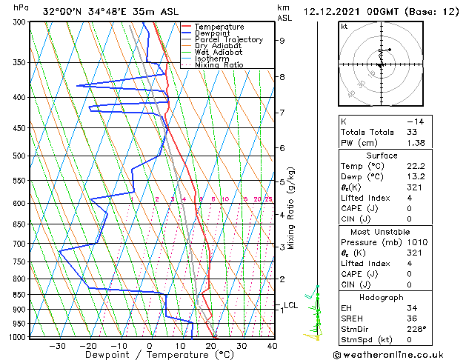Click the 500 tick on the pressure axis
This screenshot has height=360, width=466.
point(21,156)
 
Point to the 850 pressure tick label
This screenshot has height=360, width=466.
point(21,294)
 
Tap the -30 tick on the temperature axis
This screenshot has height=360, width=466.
point(57,345)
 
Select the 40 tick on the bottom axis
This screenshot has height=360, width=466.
point(272,345)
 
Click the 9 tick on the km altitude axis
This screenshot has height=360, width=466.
point(282,41)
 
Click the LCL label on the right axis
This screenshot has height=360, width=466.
point(290,305)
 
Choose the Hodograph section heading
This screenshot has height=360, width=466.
point(382,296)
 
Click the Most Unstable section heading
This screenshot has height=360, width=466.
point(382,231)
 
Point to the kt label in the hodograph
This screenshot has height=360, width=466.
point(344,26)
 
